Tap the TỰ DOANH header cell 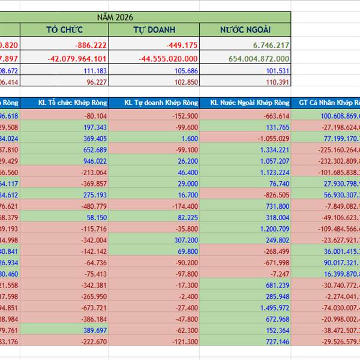pos(154,30)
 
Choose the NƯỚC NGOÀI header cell pos(245,30)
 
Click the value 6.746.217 pos(267,45)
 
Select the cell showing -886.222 pos(91,45)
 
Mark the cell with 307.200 pos(186,239)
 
